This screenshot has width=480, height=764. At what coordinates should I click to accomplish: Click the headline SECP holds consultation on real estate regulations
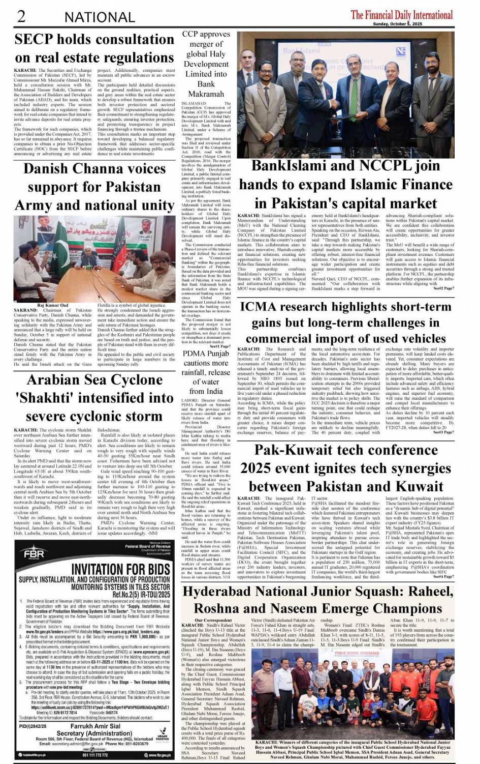pyautogui.click(x=94, y=48)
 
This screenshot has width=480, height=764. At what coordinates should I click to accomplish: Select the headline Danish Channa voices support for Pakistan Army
pyautogui.click(x=94, y=187)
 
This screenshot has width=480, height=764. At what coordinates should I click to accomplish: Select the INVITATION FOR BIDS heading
pyautogui.click(x=120, y=569)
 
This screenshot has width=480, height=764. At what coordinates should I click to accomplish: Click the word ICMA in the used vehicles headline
pyautogui.click(x=262, y=307)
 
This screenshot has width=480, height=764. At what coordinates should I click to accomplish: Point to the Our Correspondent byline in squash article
pyautogui.click(x=213, y=620)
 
